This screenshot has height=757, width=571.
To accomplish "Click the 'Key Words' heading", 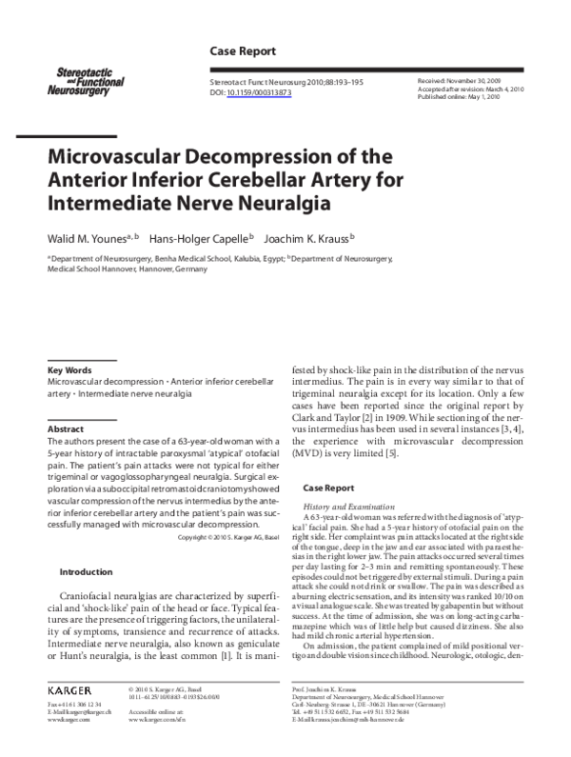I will coord(69,369).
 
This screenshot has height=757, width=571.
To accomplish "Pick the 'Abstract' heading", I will coord(66,429).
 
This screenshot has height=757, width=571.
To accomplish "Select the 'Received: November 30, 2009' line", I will coord(463,82).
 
